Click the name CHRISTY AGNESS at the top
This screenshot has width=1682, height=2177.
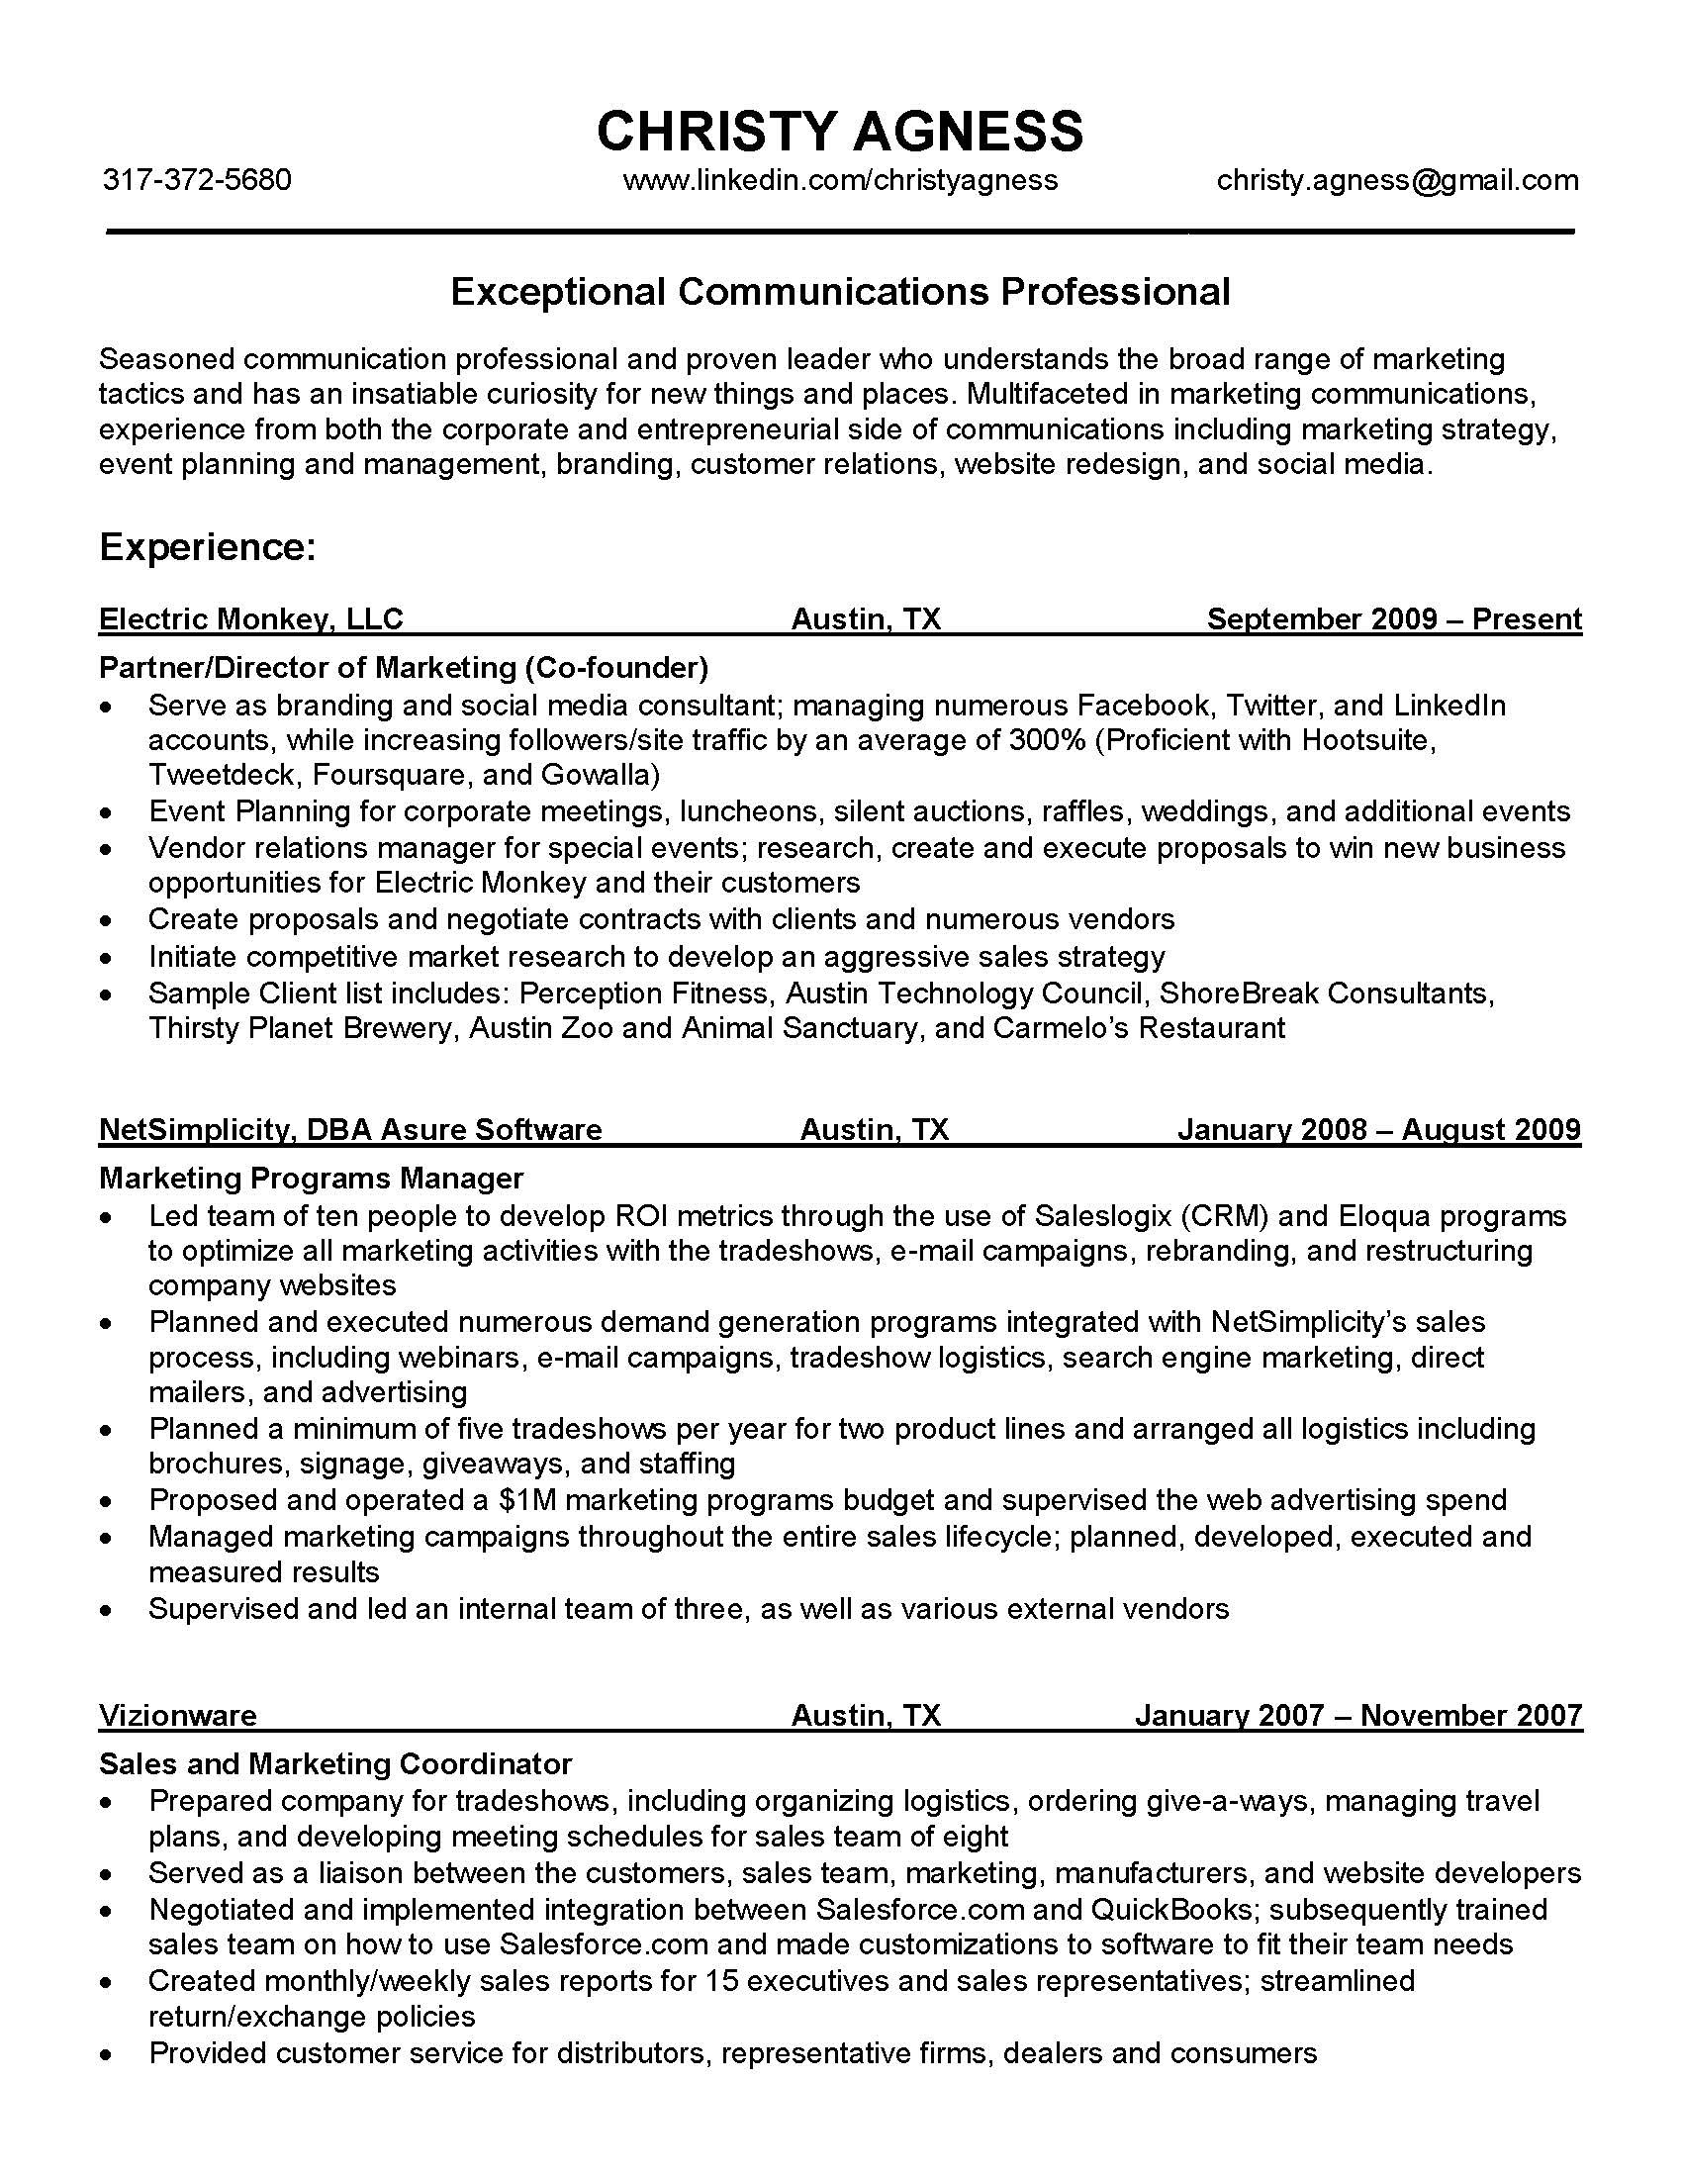(x=839, y=131)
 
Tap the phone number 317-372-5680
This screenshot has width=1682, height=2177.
(x=197, y=179)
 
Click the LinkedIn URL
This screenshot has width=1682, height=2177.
(x=839, y=179)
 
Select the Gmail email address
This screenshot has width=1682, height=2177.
(x=1397, y=179)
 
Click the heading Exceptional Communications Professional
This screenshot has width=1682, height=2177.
(x=839, y=291)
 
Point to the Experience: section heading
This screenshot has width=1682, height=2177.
(x=207, y=546)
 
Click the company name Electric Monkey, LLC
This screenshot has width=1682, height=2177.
(x=250, y=619)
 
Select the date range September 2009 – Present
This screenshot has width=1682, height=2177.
(x=1393, y=619)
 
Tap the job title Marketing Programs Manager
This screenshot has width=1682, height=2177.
(x=311, y=1178)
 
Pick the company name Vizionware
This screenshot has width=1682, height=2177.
(x=177, y=1715)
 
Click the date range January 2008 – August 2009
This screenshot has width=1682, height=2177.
(x=1378, y=1129)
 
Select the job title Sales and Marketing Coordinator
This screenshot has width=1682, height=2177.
(x=334, y=1763)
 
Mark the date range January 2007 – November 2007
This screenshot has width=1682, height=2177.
(x=1357, y=1715)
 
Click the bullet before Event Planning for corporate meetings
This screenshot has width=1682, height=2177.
(x=107, y=813)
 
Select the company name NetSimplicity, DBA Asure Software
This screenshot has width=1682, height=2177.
(x=349, y=1129)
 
